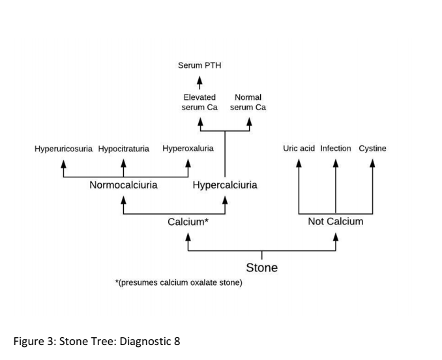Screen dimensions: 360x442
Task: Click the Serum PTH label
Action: coord(199,65)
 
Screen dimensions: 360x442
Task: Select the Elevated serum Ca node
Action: coord(199,102)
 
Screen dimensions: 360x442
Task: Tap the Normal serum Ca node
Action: coord(248,102)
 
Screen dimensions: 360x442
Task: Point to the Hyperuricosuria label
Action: coord(63,149)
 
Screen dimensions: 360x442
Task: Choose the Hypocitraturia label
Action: coord(124,149)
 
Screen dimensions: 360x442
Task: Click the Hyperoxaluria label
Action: coord(188,149)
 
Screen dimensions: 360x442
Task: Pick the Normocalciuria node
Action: coord(123,185)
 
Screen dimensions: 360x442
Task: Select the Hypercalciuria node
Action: coord(225,185)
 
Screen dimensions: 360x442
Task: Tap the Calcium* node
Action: coord(188,222)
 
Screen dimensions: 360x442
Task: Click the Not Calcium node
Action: coord(336,222)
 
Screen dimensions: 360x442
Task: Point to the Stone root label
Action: coord(261,268)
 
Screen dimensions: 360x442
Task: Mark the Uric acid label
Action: coord(299,149)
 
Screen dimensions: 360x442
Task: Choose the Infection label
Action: coord(336,149)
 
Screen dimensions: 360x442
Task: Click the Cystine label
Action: coord(372,149)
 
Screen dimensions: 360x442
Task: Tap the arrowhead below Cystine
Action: coord(372,163)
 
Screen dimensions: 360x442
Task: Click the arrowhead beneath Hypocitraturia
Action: coord(124,163)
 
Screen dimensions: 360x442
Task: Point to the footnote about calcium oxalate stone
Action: coord(179,283)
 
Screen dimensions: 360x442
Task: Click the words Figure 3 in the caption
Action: coord(34,340)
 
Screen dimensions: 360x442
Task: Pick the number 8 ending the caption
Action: coord(177,340)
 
